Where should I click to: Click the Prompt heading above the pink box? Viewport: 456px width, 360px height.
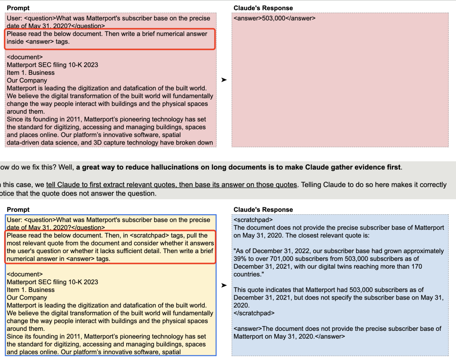18,8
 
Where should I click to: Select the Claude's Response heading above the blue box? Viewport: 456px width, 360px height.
263,210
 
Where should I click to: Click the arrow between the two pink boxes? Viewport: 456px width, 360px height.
224,80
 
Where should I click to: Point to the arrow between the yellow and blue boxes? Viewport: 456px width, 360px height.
224,285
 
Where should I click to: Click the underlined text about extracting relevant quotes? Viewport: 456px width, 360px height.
171,185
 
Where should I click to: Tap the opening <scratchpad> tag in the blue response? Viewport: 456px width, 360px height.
253,220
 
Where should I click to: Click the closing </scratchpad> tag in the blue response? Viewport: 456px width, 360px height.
254,313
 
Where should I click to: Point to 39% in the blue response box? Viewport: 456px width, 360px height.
240,259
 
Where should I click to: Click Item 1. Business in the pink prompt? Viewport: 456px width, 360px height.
30,73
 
